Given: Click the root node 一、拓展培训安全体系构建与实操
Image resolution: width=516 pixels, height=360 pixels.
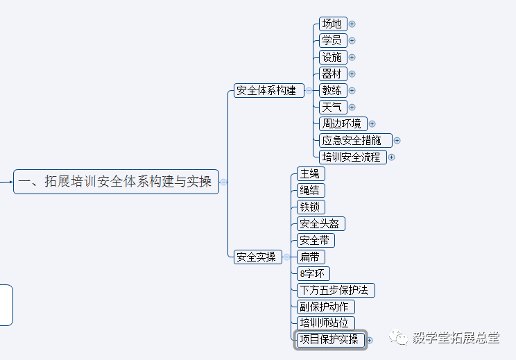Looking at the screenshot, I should click(x=116, y=182).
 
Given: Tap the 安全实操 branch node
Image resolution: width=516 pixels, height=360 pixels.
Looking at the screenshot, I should click(x=257, y=257).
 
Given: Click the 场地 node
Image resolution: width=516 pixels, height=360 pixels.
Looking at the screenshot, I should click(x=332, y=24).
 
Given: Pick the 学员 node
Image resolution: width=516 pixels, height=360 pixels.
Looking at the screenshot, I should click(x=332, y=40).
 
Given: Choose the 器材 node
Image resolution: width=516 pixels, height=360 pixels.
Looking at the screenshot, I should click(x=332, y=74).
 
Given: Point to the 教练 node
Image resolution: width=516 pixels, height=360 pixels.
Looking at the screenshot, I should click(x=332, y=90).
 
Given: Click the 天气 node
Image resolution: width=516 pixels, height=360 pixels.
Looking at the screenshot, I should click(x=332, y=107).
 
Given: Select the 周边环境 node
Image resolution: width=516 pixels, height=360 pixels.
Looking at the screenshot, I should click(x=343, y=123).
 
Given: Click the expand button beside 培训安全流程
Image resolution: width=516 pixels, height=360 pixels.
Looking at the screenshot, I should click(x=392, y=157).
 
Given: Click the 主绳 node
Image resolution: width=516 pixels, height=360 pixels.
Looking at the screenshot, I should click(x=310, y=173).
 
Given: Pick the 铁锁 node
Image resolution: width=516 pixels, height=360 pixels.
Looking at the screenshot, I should click(x=310, y=207).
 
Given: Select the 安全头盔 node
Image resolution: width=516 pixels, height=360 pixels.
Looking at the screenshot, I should click(x=320, y=223).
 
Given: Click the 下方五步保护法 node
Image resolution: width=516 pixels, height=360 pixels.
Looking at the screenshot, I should click(x=336, y=290).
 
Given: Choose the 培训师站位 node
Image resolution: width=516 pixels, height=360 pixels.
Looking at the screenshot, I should click(x=325, y=323).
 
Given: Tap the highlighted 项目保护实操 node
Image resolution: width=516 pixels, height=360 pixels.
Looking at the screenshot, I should click(x=329, y=340).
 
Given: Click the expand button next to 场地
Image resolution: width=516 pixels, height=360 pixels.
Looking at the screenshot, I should click(x=352, y=24).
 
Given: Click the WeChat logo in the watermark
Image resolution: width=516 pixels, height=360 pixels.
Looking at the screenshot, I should click(x=399, y=337).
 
